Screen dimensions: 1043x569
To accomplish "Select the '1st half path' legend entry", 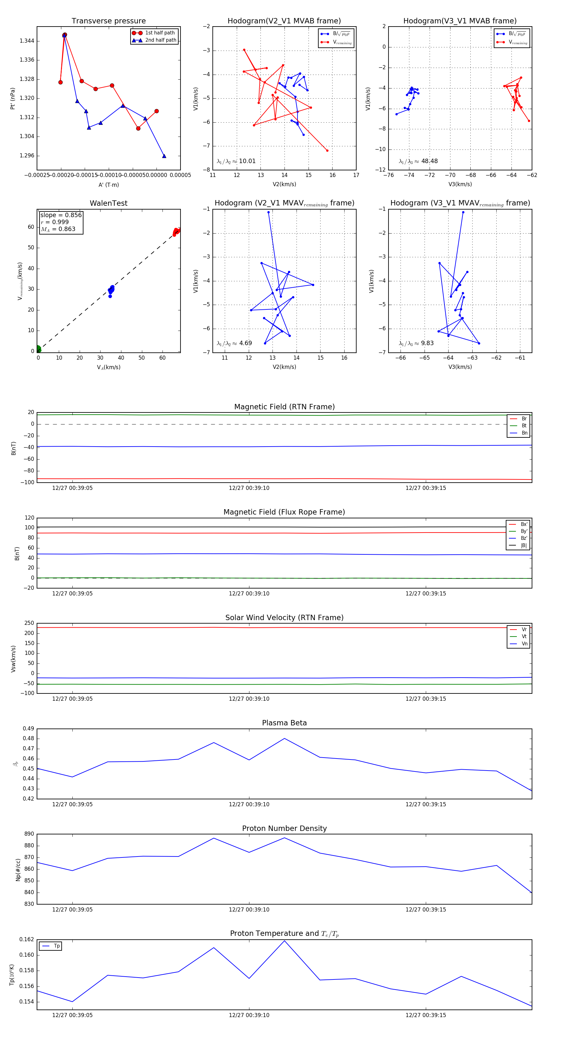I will [x=160, y=33].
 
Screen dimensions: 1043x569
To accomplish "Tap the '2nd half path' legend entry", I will [x=160, y=40].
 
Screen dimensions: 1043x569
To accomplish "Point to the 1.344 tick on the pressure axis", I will [x=27, y=41].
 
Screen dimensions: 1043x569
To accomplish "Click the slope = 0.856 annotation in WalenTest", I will [x=61, y=215].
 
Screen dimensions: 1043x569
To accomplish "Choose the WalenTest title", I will [x=108, y=203].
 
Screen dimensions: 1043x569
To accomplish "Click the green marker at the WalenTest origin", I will [x=38, y=349].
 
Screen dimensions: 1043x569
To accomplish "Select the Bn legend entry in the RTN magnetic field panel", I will [x=524, y=433].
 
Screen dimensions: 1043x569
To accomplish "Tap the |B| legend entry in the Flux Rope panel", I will [x=523, y=546].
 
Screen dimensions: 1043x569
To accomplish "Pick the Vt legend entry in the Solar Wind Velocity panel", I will [x=524, y=637].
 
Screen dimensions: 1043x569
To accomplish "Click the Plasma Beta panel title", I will [x=284, y=723].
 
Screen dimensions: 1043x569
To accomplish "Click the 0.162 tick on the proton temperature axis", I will [x=27, y=939].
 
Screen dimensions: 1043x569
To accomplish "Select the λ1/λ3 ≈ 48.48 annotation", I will [x=418, y=161].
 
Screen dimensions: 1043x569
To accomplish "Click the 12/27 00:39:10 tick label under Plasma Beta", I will [x=249, y=804].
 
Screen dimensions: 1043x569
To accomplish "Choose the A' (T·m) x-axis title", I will [x=108, y=185].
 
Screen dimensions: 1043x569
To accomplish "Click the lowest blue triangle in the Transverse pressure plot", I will [x=164, y=156].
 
